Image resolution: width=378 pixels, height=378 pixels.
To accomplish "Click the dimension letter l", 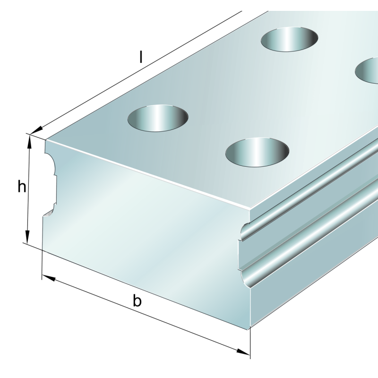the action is (x=141, y=57).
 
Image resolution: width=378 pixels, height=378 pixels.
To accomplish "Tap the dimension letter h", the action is (x=22, y=187).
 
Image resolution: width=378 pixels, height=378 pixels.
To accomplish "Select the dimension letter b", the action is (x=137, y=301).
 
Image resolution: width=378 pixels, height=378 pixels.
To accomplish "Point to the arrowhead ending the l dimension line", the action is (x=36, y=130).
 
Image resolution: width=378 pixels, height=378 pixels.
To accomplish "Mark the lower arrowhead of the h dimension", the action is (x=27, y=237).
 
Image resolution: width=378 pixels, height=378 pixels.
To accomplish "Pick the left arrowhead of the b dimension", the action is (x=49, y=278).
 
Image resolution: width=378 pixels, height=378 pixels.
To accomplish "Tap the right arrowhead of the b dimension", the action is (x=243, y=352).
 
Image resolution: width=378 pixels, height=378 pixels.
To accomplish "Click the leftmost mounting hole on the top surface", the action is (x=158, y=118).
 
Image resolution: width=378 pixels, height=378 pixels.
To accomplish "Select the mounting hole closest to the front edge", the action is (x=257, y=152).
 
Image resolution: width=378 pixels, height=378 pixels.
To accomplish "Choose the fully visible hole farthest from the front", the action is (x=289, y=39).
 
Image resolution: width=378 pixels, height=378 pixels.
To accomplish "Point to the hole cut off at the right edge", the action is (x=367, y=70).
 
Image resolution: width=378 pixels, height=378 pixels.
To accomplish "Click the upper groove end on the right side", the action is (x=245, y=232).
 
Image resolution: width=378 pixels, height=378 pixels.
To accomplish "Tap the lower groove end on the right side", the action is (x=246, y=278).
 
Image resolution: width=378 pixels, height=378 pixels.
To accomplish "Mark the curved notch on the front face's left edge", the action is (x=50, y=183).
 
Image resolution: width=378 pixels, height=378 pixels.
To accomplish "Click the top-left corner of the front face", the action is (x=46, y=140).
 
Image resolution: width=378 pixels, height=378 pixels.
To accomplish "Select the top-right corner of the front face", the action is (x=250, y=209).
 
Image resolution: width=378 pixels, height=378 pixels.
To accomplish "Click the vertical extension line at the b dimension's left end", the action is (x=42, y=265).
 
